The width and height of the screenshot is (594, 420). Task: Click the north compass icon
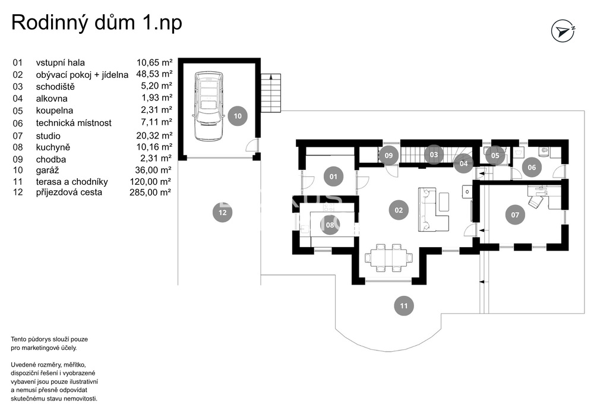[563, 31]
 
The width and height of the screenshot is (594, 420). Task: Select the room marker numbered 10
[238, 116]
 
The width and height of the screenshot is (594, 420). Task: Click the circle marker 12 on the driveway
[222, 213]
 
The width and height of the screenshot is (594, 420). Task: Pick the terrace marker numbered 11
[404, 305]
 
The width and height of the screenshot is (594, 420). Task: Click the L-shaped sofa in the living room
[434, 209]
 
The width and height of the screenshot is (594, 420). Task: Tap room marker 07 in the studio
[515, 214]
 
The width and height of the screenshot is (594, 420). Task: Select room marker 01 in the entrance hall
[333, 176]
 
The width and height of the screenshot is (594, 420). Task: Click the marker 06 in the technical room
[532, 167]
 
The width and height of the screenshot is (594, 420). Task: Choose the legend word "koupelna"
[55, 110]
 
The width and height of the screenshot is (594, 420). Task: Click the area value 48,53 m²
[154, 74]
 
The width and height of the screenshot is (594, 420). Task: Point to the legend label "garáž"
[48, 170]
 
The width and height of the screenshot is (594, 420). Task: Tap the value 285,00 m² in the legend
[150, 192]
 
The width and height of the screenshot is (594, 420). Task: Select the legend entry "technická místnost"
[74, 123]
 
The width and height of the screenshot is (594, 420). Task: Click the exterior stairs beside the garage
[271, 93]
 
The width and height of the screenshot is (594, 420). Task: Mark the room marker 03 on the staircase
[434, 154]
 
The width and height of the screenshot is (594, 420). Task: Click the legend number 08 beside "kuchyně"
[18, 147]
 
